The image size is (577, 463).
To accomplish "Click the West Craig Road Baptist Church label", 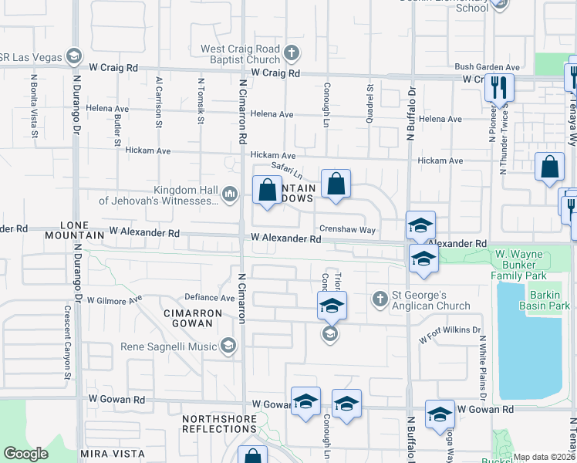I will [x=239, y=54].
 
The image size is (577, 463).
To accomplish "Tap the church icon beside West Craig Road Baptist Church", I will [x=291, y=54].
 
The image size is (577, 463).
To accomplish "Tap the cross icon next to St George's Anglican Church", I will [x=380, y=299].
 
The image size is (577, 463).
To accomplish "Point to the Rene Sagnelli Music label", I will [x=169, y=346].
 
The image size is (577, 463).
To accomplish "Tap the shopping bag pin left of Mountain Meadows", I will [x=267, y=190].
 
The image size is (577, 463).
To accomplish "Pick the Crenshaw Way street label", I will [x=348, y=230].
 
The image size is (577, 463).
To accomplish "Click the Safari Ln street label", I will [x=285, y=171].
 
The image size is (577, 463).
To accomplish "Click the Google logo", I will [x=25, y=454].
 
